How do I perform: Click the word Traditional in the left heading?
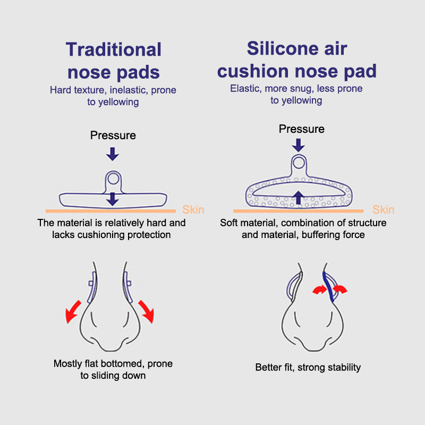point(114,49)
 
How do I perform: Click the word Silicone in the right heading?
point(282,48)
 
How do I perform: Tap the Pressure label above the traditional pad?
point(113,135)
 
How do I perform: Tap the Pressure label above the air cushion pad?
point(302,129)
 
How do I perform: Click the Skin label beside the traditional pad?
point(193,209)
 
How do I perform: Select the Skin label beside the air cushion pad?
point(383,209)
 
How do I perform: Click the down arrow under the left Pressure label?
point(113,154)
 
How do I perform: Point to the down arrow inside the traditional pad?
point(113,199)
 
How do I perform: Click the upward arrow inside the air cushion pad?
point(299,198)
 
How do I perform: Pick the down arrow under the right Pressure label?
point(299,145)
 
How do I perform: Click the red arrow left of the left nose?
point(73,312)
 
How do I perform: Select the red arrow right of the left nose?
point(147,312)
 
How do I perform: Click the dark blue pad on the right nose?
point(328,287)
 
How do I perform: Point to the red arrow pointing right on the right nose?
point(320,290)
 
